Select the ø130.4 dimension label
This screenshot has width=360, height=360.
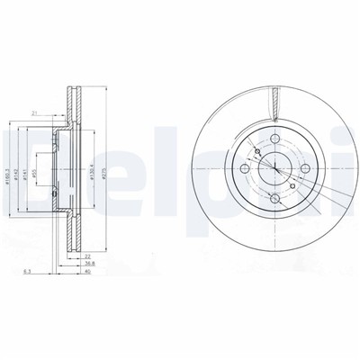(x=93, y=171)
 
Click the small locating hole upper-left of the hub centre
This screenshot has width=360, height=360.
(x=257, y=150)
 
